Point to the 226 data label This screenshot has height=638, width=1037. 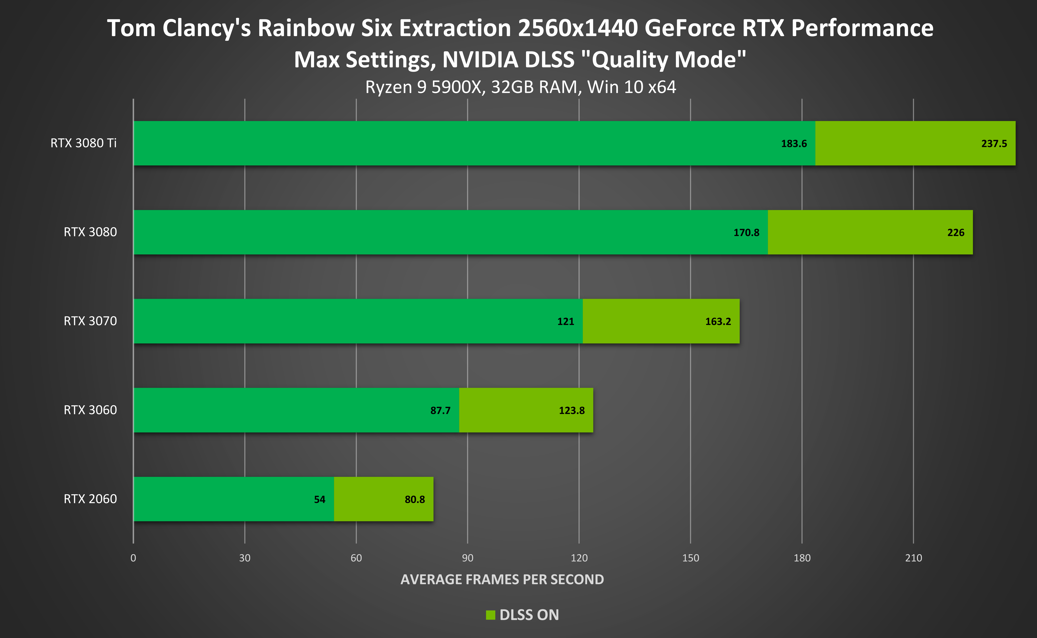pyautogui.click(x=956, y=233)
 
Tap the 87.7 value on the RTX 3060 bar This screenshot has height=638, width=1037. pyautogui.click(x=440, y=411)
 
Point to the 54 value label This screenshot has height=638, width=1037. pyautogui.click(x=319, y=500)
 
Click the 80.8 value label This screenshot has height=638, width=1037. pyautogui.click(x=415, y=500)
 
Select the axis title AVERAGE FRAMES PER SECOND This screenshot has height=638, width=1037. pyautogui.click(x=502, y=579)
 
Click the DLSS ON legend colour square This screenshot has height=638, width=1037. pyautogui.click(x=490, y=615)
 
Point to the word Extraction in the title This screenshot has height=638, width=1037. pyautogui.click(x=455, y=28)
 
